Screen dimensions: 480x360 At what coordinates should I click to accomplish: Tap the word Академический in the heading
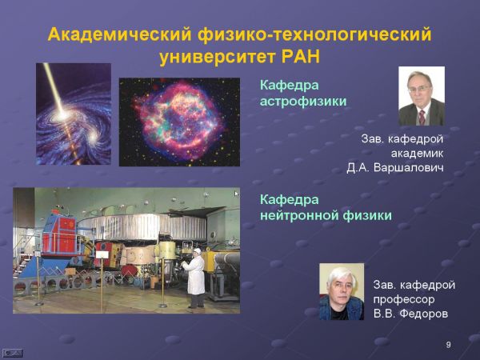click(x=120, y=34)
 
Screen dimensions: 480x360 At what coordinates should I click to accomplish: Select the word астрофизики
click(x=303, y=102)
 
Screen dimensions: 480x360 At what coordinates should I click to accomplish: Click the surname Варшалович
click(x=409, y=168)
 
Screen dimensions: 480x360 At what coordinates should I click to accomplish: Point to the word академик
click(x=418, y=153)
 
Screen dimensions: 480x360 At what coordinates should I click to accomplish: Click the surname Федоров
click(x=426, y=314)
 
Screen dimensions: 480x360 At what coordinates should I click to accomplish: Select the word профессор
click(x=404, y=299)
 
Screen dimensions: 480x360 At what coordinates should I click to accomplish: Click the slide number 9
click(x=449, y=345)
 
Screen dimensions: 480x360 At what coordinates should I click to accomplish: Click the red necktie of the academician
click(x=422, y=117)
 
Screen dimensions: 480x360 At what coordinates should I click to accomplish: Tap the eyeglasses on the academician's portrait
click(x=418, y=90)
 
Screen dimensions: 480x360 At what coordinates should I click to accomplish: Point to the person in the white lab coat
click(x=194, y=278)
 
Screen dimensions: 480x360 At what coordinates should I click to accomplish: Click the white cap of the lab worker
click(x=198, y=251)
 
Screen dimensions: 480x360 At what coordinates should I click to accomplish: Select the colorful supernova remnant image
click(x=179, y=122)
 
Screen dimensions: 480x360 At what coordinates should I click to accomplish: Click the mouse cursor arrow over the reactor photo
click(x=236, y=194)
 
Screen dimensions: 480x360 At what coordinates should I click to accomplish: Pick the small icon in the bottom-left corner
click(x=12, y=353)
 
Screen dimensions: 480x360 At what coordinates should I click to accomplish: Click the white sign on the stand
click(x=102, y=254)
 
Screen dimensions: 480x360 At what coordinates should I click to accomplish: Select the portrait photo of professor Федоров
click(x=342, y=291)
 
